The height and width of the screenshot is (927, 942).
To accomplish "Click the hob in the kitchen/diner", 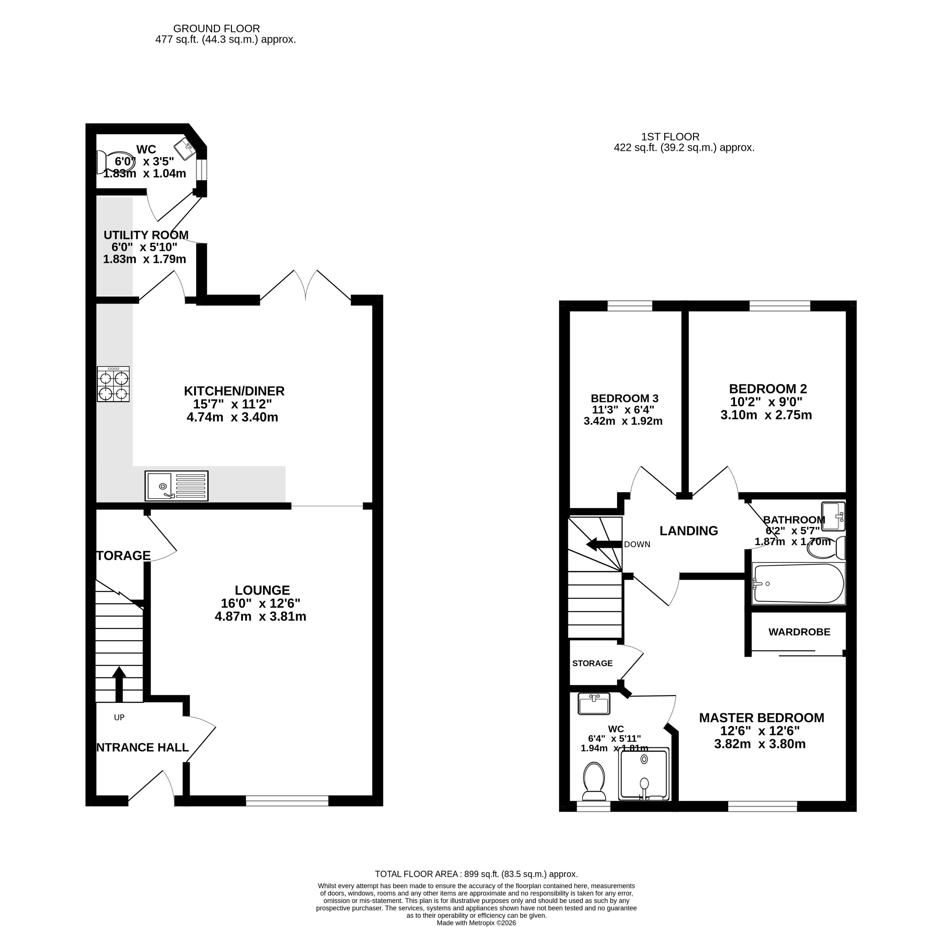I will coord(113,384).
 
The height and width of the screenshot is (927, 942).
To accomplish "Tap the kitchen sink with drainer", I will coord(176,486).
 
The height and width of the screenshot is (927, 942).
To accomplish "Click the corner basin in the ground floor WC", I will coord(185,148).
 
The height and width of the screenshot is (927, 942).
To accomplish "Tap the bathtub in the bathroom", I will coord(798,583).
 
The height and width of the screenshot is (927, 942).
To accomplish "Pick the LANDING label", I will coord(688,531).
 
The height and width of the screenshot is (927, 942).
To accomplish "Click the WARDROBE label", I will coord(799,632).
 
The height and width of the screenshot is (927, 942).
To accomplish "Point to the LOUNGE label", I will coord(262,590).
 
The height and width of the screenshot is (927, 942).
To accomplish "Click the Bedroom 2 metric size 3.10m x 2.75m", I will coord(766,415).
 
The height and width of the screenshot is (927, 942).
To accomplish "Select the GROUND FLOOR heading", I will coord(216,29).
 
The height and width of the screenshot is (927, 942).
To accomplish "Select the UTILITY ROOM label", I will coord(146,235).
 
